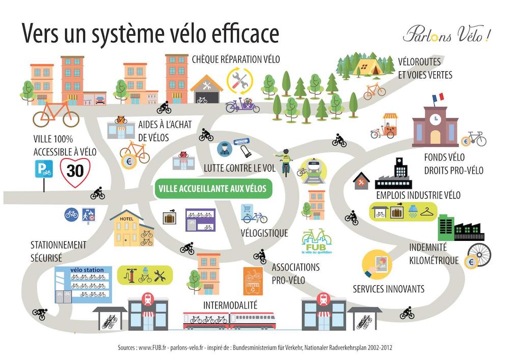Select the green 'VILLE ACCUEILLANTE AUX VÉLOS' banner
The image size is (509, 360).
(x=213, y=188)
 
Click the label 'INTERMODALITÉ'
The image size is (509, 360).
(x=231, y=305)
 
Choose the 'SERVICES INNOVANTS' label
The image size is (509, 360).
(x=388, y=289)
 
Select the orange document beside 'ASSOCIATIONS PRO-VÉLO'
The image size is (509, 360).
(x=253, y=280)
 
